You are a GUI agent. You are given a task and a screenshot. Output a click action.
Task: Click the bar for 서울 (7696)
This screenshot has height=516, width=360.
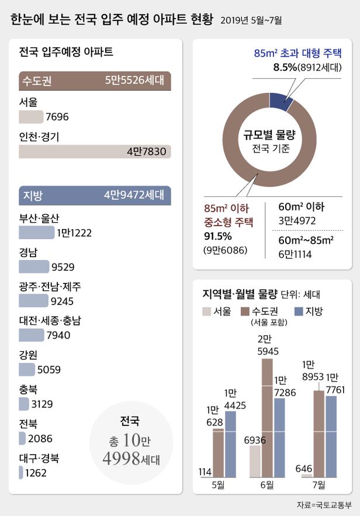click(31, 117)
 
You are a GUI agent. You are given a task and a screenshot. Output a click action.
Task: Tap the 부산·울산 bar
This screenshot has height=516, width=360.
click(36, 233)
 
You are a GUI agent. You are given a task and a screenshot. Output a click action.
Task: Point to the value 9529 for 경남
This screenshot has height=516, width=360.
click(63, 267)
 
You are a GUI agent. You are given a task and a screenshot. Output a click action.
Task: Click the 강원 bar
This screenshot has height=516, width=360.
click(27, 369)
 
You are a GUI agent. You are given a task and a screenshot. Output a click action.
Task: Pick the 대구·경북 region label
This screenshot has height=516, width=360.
click(39, 458)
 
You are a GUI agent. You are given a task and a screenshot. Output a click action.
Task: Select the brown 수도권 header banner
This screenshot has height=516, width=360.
click(95, 81)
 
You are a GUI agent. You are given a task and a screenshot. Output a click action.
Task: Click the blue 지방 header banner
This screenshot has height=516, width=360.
click(95, 194)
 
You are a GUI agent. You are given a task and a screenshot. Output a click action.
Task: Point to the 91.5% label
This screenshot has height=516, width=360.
click(218, 237)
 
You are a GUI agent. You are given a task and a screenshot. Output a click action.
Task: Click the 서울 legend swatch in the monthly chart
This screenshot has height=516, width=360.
click(207, 310)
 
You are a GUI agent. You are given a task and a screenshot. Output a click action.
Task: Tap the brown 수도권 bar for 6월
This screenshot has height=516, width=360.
click(267, 418)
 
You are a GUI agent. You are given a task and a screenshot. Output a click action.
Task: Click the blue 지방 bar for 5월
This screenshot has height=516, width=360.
click(230, 444)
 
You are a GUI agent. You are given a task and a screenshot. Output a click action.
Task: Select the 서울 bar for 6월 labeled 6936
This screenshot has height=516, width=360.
click(255, 461)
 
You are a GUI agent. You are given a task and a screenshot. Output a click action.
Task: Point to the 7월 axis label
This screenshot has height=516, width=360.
click(319, 485)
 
